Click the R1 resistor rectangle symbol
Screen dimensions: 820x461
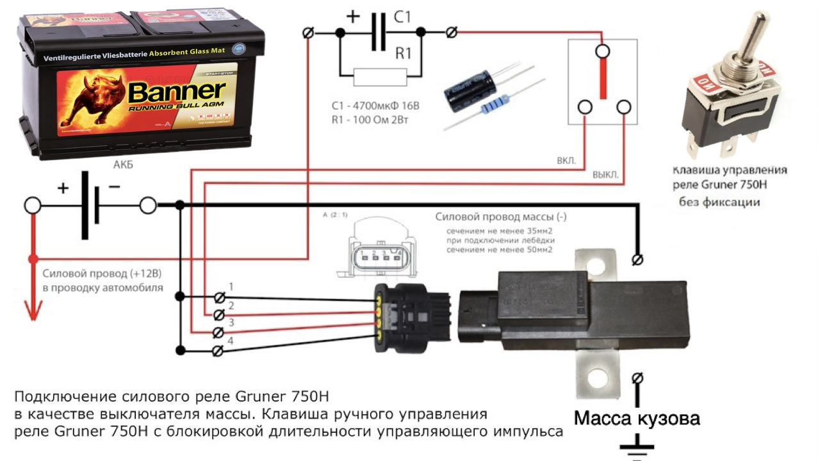tap(380, 77)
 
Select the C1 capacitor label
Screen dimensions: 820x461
tap(402, 17)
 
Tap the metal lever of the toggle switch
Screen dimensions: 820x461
tap(755, 38)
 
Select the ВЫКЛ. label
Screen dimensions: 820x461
tap(605, 174)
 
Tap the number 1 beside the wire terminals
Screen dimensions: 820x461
tap(231, 286)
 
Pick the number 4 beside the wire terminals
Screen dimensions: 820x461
tap(231, 341)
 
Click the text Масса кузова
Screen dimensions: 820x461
tap(637, 419)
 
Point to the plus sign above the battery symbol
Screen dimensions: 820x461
tap(63, 188)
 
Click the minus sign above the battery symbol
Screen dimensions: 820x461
tap(114, 187)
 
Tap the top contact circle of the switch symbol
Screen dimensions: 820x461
tap(602, 51)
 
